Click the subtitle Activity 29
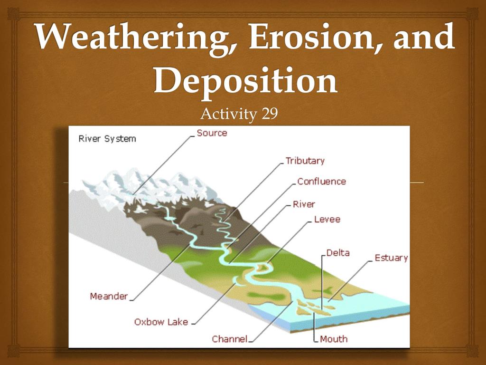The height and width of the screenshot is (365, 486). (x=239, y=114)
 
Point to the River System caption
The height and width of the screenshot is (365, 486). (x=107, y=138)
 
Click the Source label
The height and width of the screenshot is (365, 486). (x=212, y=133)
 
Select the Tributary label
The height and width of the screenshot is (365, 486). (x=305, y=161)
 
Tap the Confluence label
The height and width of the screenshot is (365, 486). (x=321, y=181)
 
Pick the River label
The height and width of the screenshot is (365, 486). (x=304, y=204)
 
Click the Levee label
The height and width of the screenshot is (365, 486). (x=327, y=220)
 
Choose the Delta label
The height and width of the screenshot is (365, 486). (x=338, y=253)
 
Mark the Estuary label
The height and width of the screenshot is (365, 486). (x=391, y=258)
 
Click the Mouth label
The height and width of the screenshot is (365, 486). (x=334, y=339)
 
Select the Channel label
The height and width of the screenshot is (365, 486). (x=230, y=339)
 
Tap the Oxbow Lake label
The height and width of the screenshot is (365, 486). (x=161, y=322)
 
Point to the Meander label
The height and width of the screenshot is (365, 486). (x=109, y=297)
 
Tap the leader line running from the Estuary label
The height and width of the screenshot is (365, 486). (x=350, y=281)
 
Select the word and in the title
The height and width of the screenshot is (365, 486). (x=424, y=37)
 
